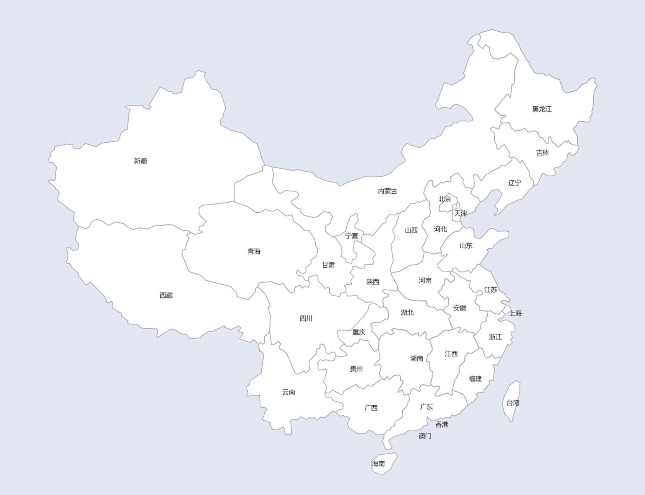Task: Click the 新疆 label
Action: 140,161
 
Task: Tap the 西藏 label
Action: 166,295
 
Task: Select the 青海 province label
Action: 254,251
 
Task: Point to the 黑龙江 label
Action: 542,109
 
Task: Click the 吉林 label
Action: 542,153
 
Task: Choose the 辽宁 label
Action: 514,183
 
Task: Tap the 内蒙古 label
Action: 387,191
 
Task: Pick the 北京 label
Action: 444,199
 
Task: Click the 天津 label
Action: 461,213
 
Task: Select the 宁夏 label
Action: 352,236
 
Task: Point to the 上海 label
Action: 515,313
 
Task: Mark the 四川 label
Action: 306,318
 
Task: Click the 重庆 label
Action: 359,332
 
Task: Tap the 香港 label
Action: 442,425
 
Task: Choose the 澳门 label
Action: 425,436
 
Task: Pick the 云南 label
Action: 289,392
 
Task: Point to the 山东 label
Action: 466,246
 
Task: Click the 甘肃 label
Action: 328,265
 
